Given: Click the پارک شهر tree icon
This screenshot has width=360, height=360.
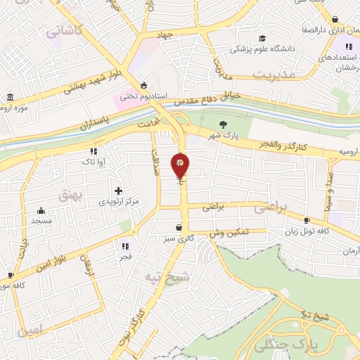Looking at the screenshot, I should [x=224, y=124].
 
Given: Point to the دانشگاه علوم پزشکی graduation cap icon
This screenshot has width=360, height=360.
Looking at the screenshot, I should [x=262, y=39].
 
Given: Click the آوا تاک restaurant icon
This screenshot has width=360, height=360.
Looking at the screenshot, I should [x=93, y=151].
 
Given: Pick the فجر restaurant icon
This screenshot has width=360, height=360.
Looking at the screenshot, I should [x=125, y=246].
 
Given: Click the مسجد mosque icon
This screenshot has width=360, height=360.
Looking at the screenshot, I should [x=41, y=210].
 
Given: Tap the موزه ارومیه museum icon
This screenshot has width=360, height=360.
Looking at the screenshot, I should [x=11, y=97].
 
